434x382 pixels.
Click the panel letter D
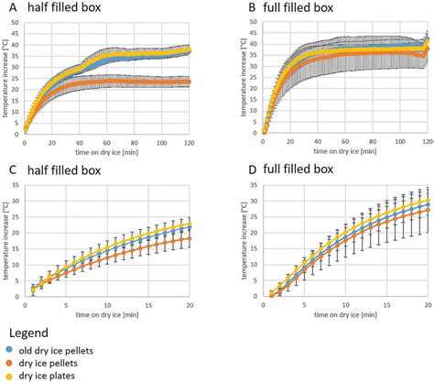(x=229, y=169)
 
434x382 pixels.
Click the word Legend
(x=30, y=330)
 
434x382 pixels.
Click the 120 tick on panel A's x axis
(x=190, y=143)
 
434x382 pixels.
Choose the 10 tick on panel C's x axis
(x=107, y=305)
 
